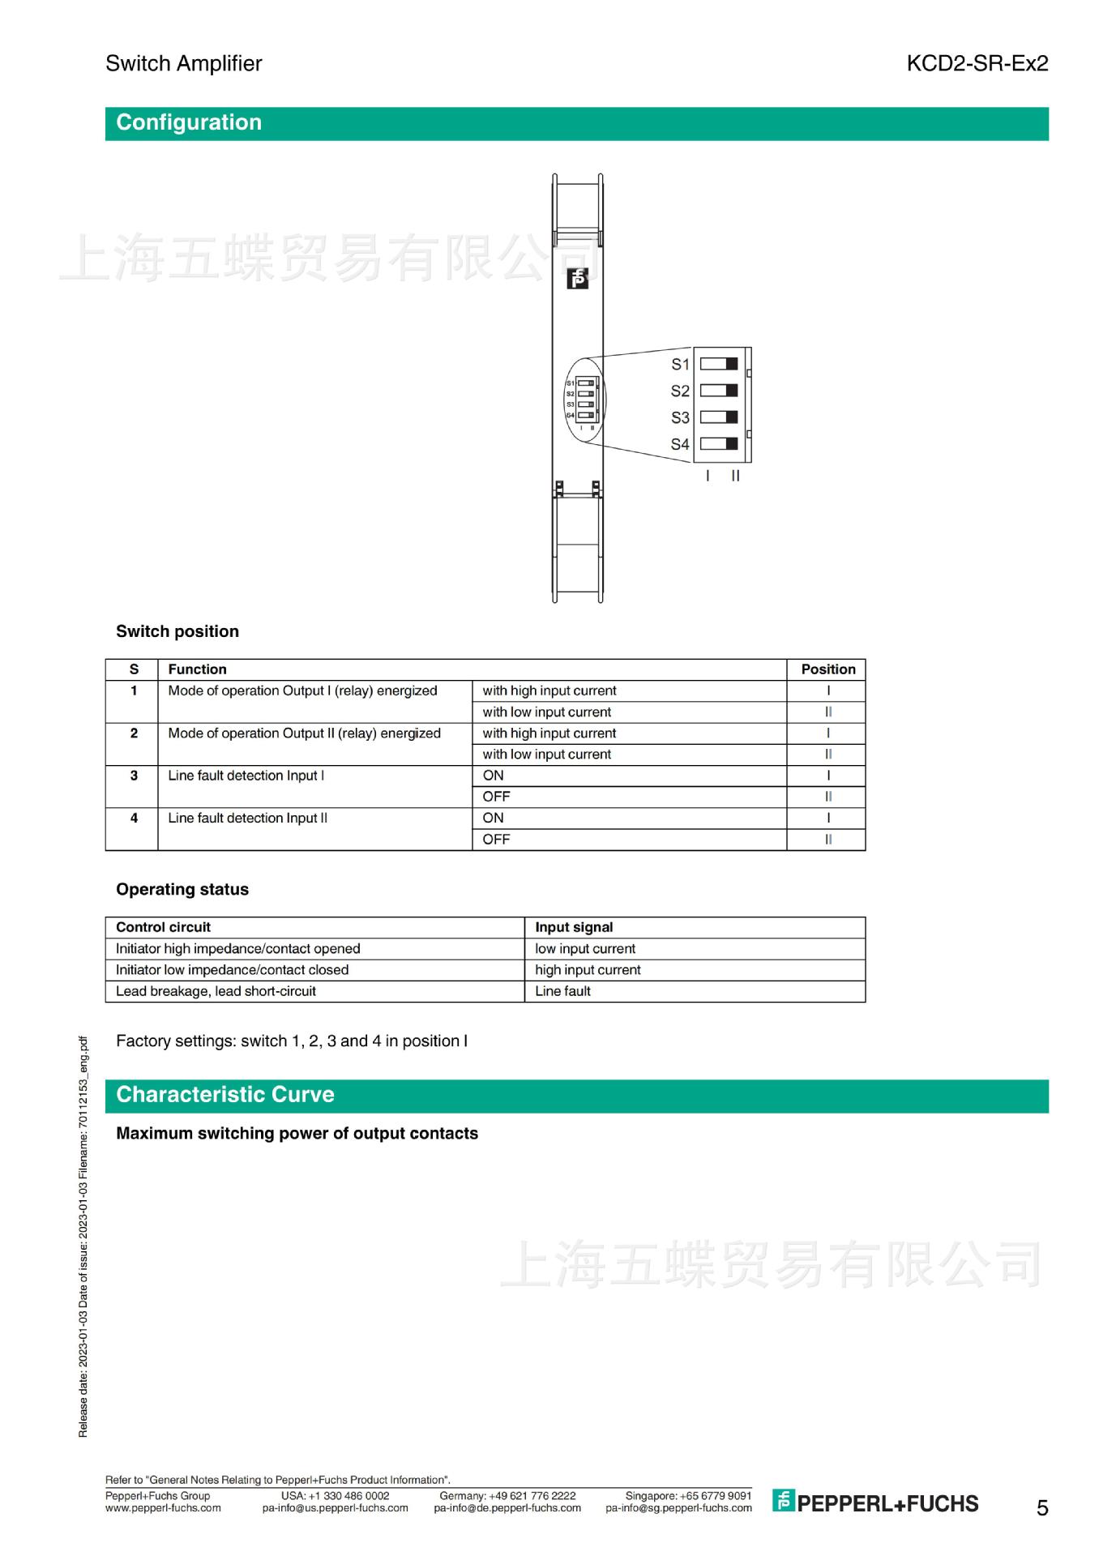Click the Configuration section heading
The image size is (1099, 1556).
(189, 123)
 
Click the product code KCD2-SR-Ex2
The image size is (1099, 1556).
(977, 63)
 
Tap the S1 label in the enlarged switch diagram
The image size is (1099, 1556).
(680, 365)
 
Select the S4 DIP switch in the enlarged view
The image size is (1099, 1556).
(719, 444)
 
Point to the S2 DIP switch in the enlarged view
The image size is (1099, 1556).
(719, 391)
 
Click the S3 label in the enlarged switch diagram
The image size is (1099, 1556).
(680, 418)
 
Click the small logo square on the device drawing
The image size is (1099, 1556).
(578, 280)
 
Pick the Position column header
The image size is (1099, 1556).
(827, 669)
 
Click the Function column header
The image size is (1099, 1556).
(197, 669)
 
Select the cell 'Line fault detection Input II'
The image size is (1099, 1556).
(247, 819)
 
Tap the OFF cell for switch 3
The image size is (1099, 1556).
(496, 797)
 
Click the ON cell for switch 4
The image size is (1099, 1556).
(493, 819)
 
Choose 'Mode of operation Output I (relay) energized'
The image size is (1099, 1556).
(302, 690)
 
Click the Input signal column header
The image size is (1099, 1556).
(574, 927)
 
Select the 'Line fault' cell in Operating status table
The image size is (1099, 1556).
(562, 991)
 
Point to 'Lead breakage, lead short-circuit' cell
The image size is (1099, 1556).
(216, 991)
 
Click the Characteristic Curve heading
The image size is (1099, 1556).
(225, 1095)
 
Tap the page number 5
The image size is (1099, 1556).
(1042, 1507)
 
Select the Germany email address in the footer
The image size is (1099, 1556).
(507, 1508)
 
